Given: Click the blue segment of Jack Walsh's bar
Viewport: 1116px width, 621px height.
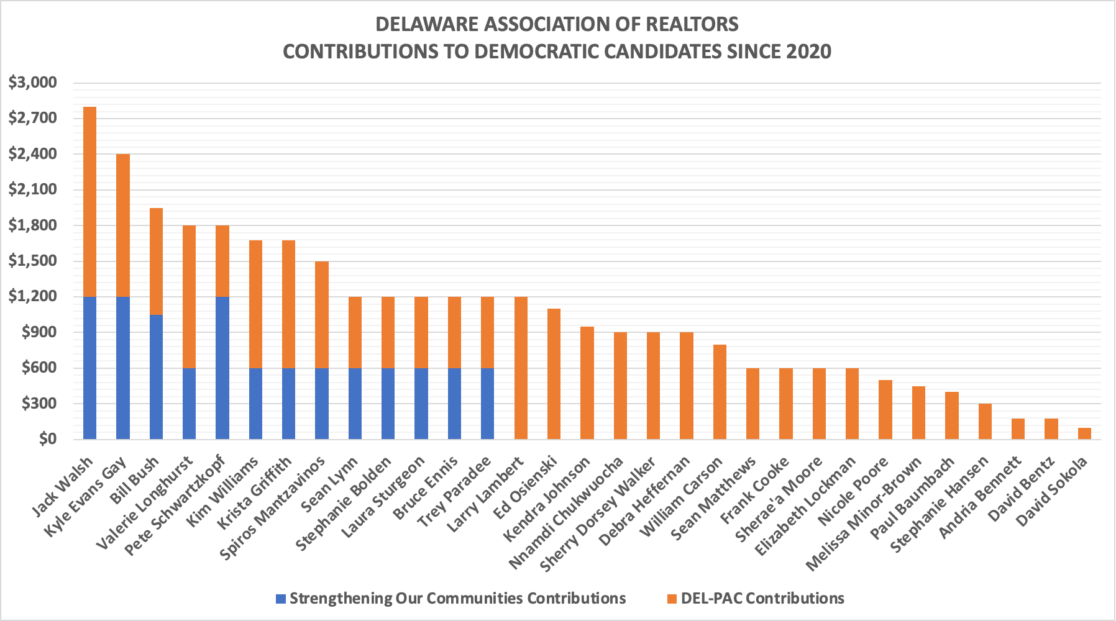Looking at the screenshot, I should [89, 368].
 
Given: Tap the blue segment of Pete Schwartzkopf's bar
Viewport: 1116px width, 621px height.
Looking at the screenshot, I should [222, 368].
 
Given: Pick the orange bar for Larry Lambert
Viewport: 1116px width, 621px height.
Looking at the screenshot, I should [521, 368].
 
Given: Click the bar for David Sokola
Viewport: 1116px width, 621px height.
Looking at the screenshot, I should [1084, 433].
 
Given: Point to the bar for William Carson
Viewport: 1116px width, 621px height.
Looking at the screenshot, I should [720, 392].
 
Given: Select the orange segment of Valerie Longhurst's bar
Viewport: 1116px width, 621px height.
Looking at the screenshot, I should [189, 297].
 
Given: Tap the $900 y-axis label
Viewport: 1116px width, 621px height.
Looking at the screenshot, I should [39, 332].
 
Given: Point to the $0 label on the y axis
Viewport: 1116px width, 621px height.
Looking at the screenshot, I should [47, 439].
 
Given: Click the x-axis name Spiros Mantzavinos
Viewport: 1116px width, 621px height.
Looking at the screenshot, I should [273, 508].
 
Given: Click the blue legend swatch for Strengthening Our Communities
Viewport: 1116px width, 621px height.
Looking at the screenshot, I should [281, 599].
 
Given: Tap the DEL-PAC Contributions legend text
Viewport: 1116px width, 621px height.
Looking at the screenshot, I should [762, 599].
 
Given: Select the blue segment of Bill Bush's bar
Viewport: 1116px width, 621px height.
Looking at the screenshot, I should [156, 377].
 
